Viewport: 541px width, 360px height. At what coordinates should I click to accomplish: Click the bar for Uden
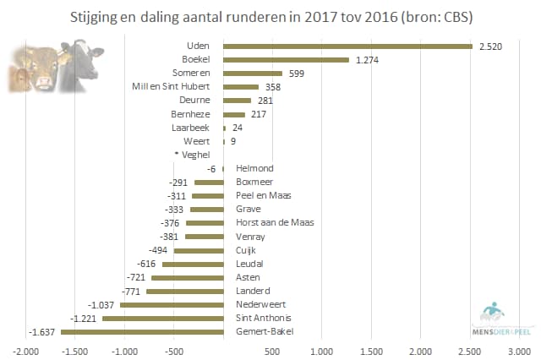[347, 46]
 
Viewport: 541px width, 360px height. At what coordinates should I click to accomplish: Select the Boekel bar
[285, 59]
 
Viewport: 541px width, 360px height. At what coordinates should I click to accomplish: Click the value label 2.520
[490, 46]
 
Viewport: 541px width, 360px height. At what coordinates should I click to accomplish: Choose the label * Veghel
[192, 155]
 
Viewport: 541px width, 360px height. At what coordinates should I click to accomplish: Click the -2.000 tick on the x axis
[26, 350]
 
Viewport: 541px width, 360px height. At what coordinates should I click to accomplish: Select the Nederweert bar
[171, 304]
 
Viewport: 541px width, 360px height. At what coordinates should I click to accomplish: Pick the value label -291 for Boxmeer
[177, 182]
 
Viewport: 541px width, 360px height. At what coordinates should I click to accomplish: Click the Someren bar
[252, 73]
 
